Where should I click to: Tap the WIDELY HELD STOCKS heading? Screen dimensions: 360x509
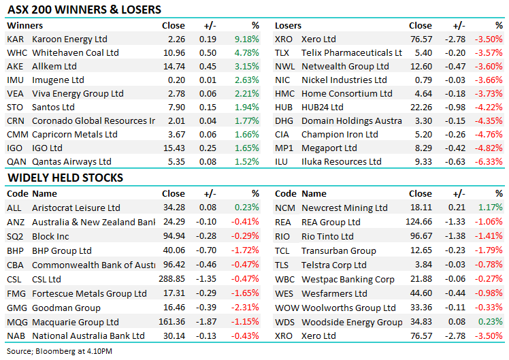point(65,178)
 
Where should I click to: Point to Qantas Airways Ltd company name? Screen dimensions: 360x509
point(71,162)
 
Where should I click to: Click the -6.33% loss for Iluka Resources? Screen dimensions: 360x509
point(490,162)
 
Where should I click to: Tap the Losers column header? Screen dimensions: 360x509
point(288,26)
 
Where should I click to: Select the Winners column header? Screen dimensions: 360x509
point(24,26)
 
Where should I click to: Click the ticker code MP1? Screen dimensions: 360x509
point(284,148)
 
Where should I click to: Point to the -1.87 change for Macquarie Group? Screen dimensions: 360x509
point(206,321)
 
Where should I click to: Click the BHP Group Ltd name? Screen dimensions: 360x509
point(62,250)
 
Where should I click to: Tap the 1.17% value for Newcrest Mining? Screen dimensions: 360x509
point(491,208)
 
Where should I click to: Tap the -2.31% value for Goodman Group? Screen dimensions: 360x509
point(246,308)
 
